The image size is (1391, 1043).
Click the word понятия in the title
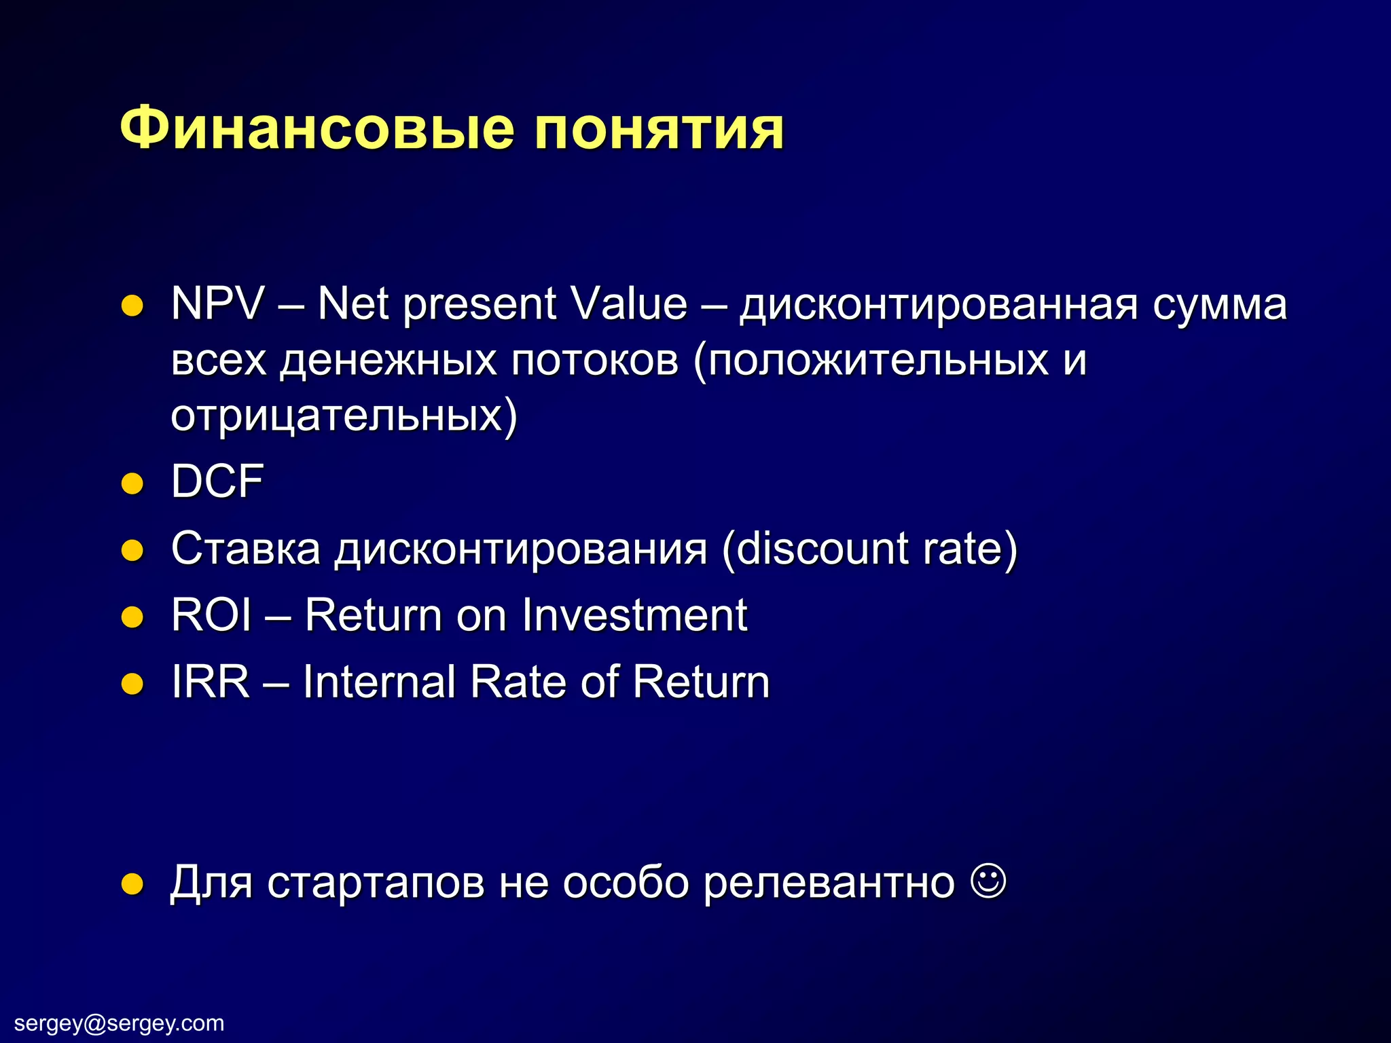658,129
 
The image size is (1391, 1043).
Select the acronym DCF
217,481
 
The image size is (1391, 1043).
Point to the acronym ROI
211,615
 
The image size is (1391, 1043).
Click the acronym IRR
210,682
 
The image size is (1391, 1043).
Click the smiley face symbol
989,881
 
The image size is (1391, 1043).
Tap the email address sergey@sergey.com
119,1023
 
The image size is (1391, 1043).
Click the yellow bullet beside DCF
132,483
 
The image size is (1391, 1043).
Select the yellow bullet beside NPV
132,306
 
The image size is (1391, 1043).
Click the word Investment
634,615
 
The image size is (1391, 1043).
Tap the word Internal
379,682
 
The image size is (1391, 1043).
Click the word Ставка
245,548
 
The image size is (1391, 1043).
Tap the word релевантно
829,883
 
